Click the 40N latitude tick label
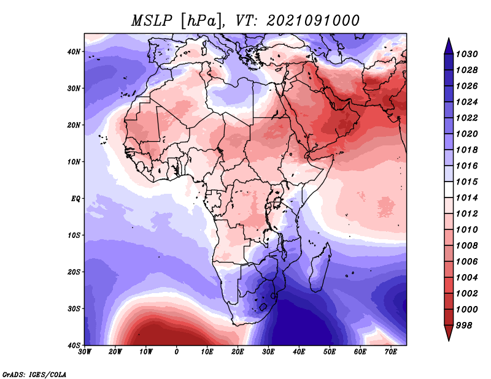(74, 52)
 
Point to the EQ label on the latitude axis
(75, 199)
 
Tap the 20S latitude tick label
(74, 272)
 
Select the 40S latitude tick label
(74, 345)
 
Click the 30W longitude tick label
(85, 352)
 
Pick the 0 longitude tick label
(177, 352)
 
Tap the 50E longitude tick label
(330, 352)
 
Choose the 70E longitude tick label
(391, 352)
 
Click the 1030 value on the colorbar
(467, 54)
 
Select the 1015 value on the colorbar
(467, 182)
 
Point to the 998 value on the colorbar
(464, 326)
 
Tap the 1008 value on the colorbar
(467, 246)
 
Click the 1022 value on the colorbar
(467, 118)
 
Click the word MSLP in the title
(152, 21)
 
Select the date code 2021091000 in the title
(313, 21)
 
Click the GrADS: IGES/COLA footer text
(34, 375)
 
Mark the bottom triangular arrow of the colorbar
(449, 332)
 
